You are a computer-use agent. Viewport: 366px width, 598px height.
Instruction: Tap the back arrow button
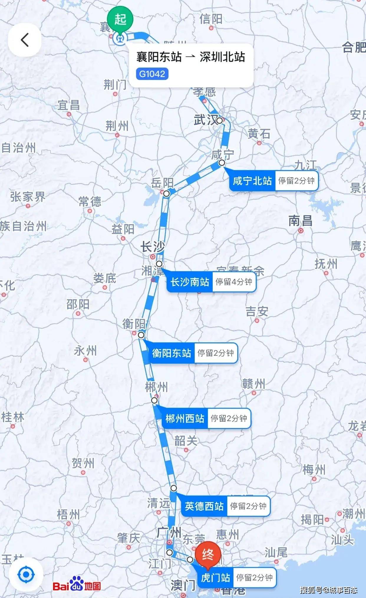pyautogui.click(x=25, y=40)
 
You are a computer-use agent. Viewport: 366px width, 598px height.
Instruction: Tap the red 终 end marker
pyautogui.click(x=208, y=555)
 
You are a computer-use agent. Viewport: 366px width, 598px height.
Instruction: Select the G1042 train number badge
pyautogui.click(x=152, y=74)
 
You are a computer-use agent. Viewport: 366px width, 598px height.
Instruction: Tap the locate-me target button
pyautogui.click(x=26, y=574)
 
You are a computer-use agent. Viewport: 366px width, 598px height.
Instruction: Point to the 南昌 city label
pyautogui.click(x=300, y=221)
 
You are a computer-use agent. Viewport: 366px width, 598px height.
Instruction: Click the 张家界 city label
pyautogui.click(x=28, y=197)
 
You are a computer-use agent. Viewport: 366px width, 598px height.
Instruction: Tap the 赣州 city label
pyautogui.click(x=254, y=384)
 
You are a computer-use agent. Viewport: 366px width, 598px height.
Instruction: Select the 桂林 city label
pyautogui.click(x=13, y=417)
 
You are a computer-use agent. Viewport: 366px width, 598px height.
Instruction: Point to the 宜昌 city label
pyautogui.click(x=68, y=105)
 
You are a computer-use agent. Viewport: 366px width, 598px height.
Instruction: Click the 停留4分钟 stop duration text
pyautogui.click(x=234, y=282)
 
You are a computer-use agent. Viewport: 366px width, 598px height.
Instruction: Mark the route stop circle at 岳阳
pyautogui.click(x=166, y=193)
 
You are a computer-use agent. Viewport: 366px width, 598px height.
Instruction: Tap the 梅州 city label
pyautogui.click(x=314, y=469)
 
